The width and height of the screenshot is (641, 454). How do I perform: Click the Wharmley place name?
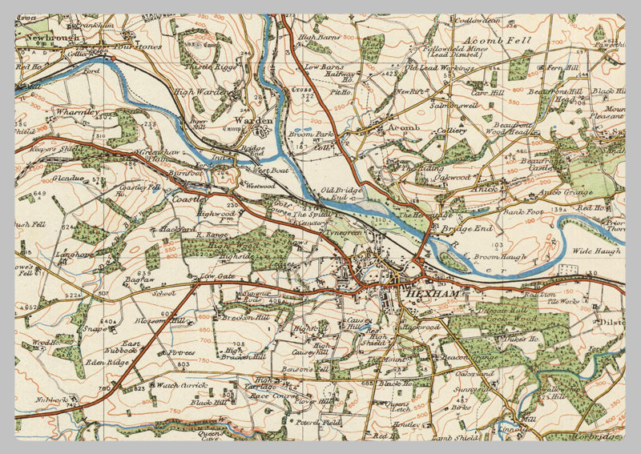pos(76,113)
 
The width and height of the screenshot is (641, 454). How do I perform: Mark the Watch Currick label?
pos(182,386)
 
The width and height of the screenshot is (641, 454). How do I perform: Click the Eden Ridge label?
pos(108,361)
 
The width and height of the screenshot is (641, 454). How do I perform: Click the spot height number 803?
pos(183,365)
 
